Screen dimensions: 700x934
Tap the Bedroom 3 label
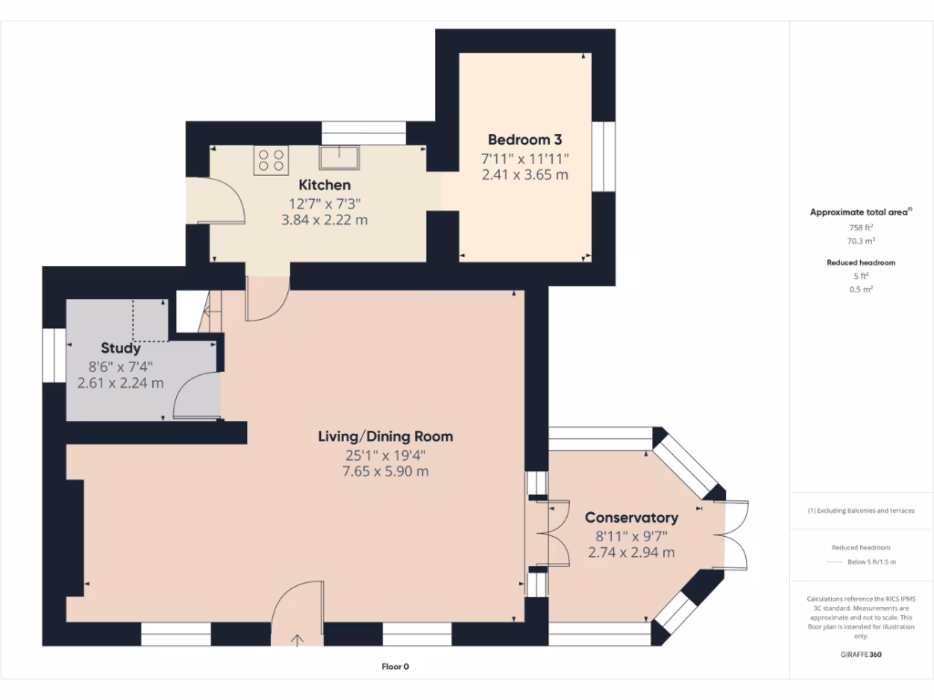tap(524, 139)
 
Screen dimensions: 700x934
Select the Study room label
tap(120, 348)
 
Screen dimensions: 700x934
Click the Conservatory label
tap(631, 518)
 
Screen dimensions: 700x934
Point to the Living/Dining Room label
tap(385, 437)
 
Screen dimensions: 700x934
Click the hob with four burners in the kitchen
tap(271, 160)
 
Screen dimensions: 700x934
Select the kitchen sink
tap(338, 157)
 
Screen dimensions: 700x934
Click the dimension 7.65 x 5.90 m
tap(385, 471)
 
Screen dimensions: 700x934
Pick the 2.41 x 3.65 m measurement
tap(524, 174)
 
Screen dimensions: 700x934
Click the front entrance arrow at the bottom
tap(298, 640)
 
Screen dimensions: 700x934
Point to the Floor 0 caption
tap(395, 667)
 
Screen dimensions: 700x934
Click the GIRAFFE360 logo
tap(861, 654)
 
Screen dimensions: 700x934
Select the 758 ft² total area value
tap(861, 228)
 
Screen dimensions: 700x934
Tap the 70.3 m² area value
tap(861, 242)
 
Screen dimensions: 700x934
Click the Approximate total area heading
tap(859, 212)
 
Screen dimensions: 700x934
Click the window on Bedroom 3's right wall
tap(603, 156)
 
